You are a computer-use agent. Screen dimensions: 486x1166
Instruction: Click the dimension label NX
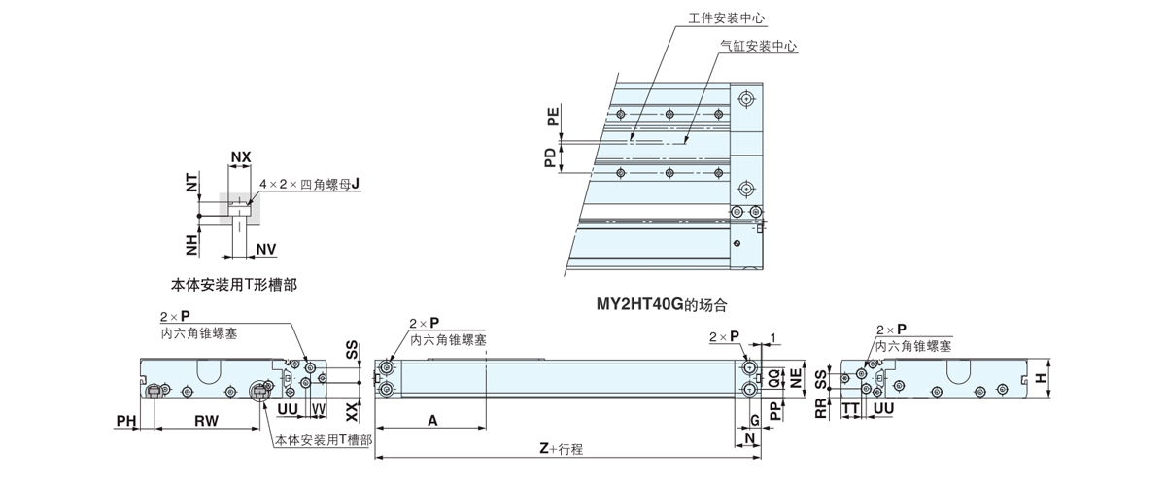pyautogui.click(x=240, y=156)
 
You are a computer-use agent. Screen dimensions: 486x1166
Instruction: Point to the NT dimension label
pyautogui.click(x=191, y=181)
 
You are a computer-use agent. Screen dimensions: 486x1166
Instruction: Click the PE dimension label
pyautogui.click(x=553, y=119)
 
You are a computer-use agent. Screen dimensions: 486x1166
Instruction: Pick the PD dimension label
pyautogui.click(x=551, y=157)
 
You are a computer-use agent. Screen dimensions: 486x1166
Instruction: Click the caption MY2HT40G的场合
pyautogui.click(x=661, y=304)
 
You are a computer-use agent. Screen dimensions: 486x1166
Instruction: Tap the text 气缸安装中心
pyautogui.click(x=759, y=46)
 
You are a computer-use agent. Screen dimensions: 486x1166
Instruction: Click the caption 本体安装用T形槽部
pyautogui.click(x=233, y=286)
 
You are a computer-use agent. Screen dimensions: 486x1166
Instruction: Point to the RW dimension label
pyautogui.click(x=206, y=420)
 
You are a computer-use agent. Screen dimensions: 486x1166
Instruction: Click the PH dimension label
pyautogui.click(x=125, y=420)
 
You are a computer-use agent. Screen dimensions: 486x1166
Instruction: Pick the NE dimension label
pyautogui.click(x=795, y=380)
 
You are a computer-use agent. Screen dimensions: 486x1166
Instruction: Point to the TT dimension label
pyautogui.click(x=850, y=409)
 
